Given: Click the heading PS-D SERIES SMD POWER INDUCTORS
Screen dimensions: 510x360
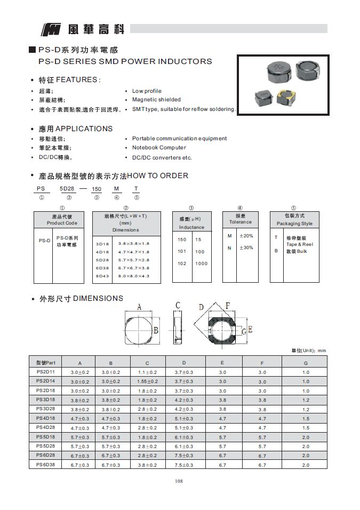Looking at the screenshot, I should (x=125, y=61).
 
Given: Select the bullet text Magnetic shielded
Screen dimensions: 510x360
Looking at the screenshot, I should (x=156, y=100).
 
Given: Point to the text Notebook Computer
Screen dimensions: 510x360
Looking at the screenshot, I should (x=159, y=148).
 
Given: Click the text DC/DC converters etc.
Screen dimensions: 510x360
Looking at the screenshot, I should (x=162, y=158).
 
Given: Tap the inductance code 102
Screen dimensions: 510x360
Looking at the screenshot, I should (x=182, y=264).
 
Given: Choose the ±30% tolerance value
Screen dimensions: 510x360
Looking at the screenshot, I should (x=246, y=248).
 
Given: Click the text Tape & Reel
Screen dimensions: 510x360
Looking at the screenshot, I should (x=300, y=244).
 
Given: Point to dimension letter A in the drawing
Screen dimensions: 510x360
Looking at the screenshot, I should (x=139, y=307).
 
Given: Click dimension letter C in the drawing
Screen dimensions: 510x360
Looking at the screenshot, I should (x=178, y=305).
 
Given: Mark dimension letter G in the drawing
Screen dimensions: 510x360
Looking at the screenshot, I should (x=244, y=332).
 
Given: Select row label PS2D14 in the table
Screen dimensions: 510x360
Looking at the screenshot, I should (x=46, y=381).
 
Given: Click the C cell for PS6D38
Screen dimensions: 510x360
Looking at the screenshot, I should (x=148, y=465).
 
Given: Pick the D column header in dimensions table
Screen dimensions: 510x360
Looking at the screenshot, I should (x=184, y=363).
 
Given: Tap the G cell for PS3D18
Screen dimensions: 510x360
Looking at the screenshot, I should (x=306, y=400).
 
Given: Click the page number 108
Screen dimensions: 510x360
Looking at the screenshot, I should (x=179, y=482).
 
